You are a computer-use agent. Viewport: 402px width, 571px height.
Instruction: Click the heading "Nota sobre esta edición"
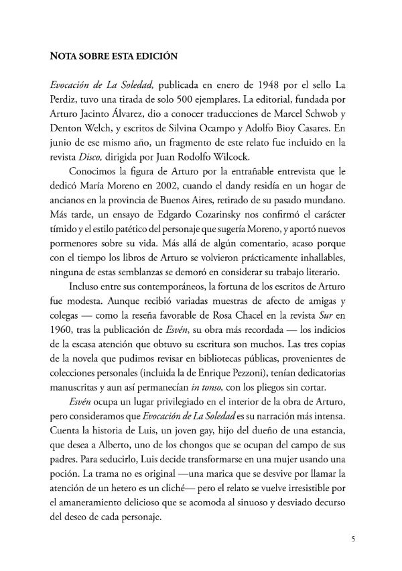(113, 57)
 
